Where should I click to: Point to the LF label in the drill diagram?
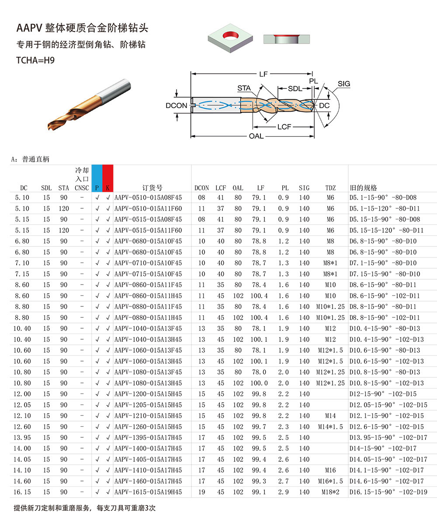coord(263,74)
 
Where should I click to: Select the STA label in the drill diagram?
coord(244,88)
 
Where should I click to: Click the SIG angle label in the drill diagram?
coord(344,84)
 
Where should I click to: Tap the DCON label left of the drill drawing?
coord(176,105)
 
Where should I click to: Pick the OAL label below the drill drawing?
coord(256,136)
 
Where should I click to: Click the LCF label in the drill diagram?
coord(284,126)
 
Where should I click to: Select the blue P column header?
coord(97,188)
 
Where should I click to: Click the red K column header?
coord(108,188)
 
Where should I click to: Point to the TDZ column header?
coord(330,188)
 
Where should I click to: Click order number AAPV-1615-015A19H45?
coord(148,492)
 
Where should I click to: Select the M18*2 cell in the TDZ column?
coord(330,492)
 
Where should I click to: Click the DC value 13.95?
coord(22,437)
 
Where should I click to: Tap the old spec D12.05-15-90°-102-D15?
coord(388,405)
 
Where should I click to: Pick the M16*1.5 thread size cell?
coord(330,481)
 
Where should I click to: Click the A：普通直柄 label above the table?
coord(30,159)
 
